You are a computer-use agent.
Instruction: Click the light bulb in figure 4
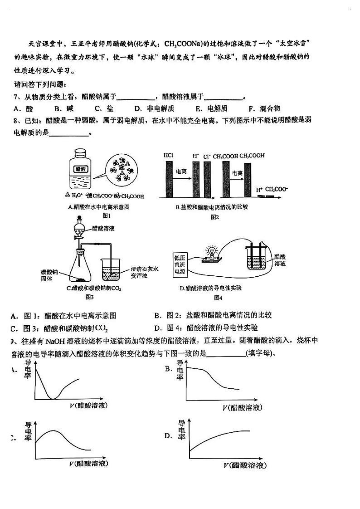212,251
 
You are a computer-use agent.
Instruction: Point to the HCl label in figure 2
168,156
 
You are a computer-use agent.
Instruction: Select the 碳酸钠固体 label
49,275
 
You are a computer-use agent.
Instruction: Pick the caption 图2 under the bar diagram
214,217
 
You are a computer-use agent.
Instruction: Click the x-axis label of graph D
244,465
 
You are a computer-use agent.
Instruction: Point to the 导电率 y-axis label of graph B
180,370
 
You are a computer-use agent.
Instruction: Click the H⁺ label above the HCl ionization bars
196,156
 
